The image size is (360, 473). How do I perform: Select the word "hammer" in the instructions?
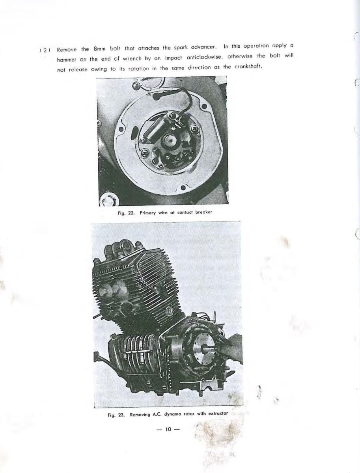click(x=66, y=59)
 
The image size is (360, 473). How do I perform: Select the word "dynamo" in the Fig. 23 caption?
click(x=175, y=414)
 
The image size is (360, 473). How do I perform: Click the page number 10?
click(x=168, y=430)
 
